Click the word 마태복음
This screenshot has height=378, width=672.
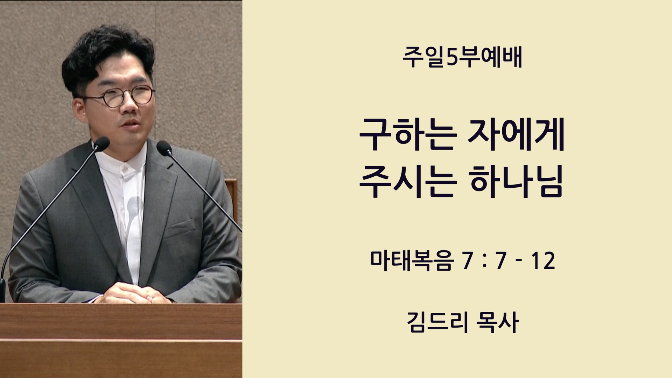[x=412, y=261]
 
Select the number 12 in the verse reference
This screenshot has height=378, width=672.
[x=543, y=261]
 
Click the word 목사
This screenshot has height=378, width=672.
[x=497, y=322]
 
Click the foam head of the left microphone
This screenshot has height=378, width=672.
[x=101, y=143]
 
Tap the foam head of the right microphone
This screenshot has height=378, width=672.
[x=164, y=148]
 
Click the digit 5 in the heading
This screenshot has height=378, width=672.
[x=453, y=58]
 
